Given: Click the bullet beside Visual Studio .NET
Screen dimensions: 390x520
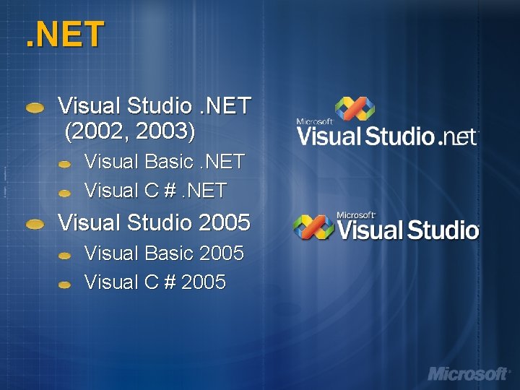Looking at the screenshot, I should point(34,108).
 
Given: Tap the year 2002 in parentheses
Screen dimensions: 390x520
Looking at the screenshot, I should point(95,131).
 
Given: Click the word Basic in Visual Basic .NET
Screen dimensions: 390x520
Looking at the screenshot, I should point(168,161).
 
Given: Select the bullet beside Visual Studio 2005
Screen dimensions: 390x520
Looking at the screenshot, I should point(34,225).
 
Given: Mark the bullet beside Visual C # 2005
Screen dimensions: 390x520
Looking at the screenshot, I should point(65,285).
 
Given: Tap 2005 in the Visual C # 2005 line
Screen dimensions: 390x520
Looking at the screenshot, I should point(204,282).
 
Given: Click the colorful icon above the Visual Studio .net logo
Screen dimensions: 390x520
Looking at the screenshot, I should point(353,110).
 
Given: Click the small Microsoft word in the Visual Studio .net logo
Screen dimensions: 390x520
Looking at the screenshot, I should point(314,121).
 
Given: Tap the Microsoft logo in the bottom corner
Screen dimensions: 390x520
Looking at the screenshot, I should point(468,373).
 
